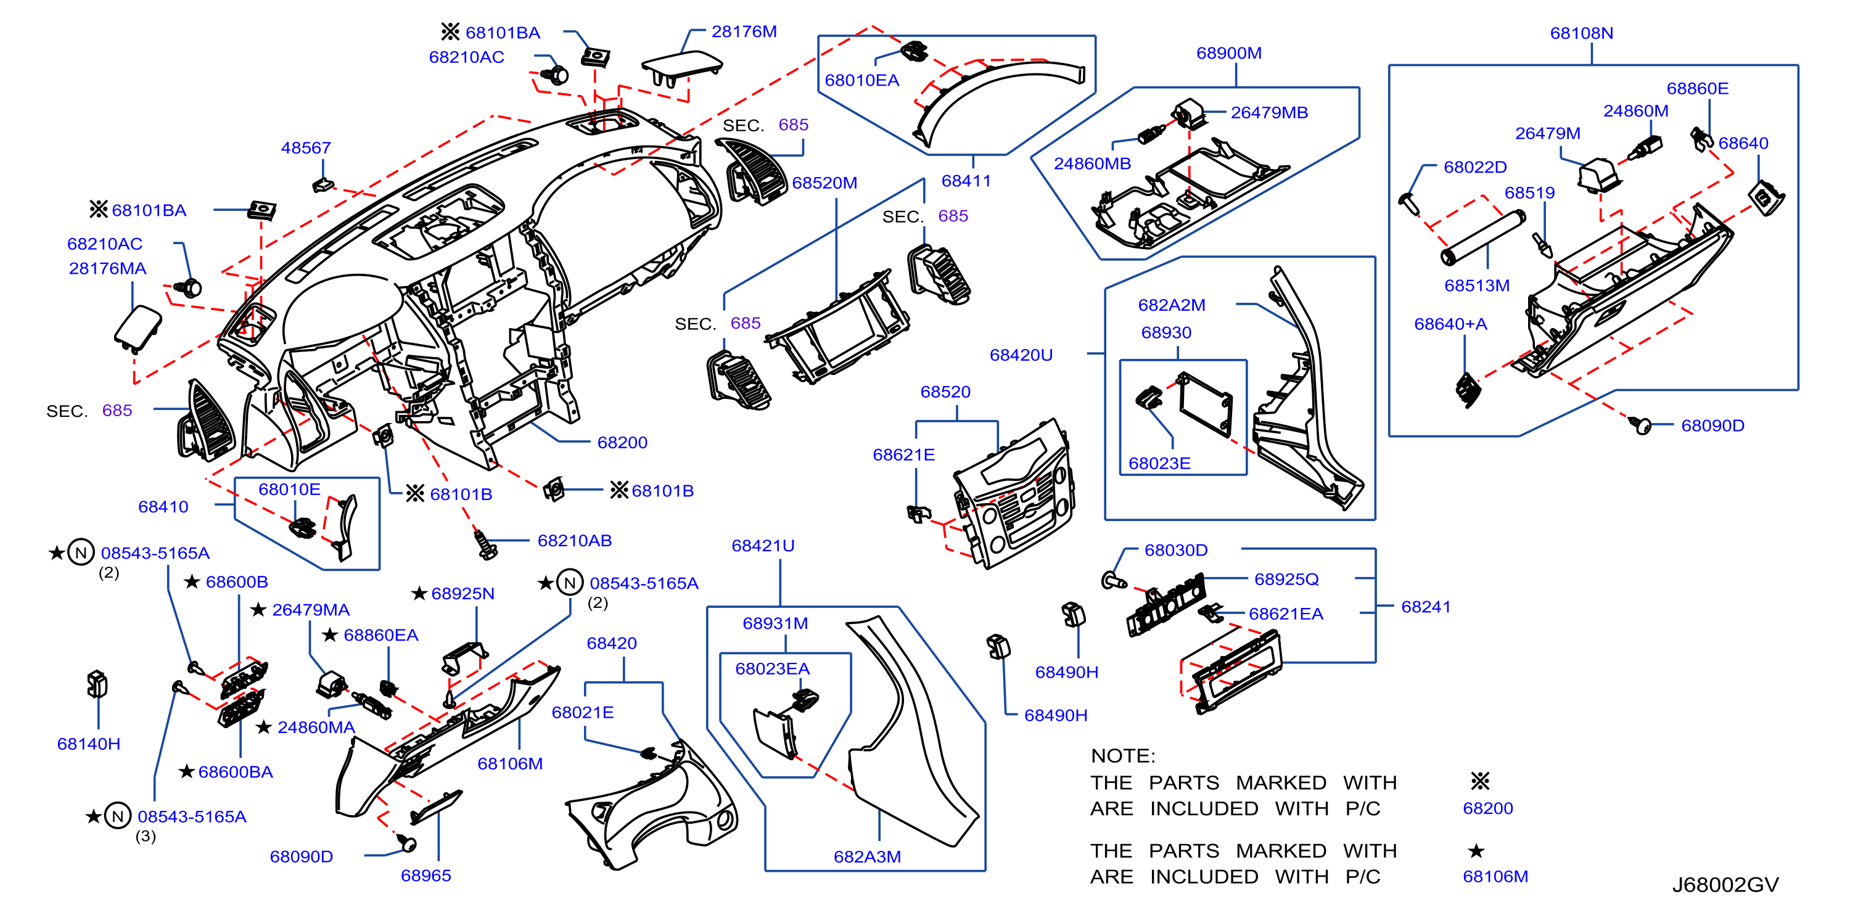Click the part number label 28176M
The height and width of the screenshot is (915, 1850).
pos(744,31)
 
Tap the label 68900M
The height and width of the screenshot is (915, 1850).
pos(1229,53)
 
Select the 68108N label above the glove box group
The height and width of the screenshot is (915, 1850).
pos(1581,33)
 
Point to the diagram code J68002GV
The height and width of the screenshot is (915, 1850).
pos(1725,885)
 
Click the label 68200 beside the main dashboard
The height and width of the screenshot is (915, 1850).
pos(622,443)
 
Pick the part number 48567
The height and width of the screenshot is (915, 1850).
pos(306,148)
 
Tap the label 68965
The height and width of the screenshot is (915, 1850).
pos(426,876)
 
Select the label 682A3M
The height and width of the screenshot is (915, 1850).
pos(867,857)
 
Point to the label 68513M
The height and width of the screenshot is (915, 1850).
pos(1476,286)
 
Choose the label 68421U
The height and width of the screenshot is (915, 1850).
pos(763,546)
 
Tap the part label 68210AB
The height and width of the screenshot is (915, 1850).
pos(575,541)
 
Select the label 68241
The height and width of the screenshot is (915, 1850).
pos(1426,607)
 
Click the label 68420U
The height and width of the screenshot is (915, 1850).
pos(1021,355)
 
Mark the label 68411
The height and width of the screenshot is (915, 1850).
pos(966,181)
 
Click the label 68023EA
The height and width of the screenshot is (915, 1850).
pos(772,668)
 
